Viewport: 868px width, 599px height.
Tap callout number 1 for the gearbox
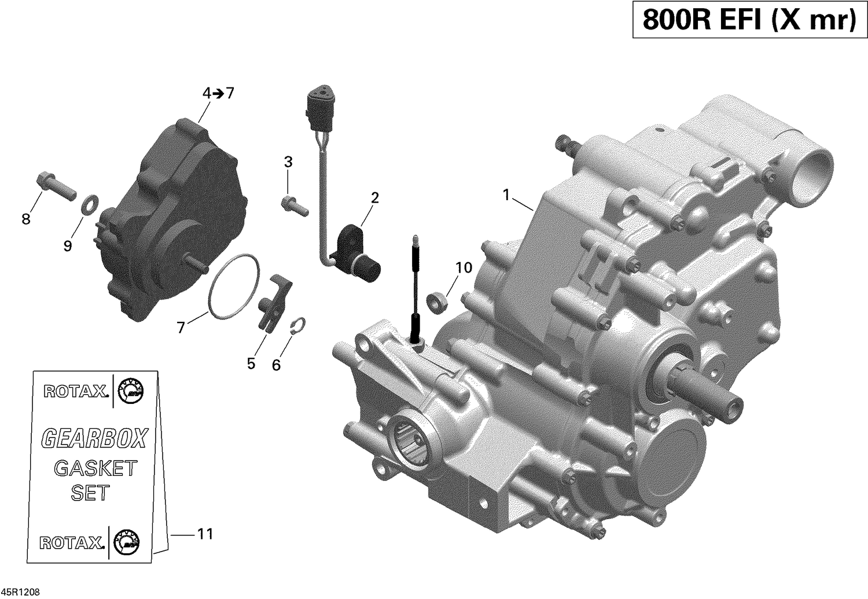[x=506, y=195]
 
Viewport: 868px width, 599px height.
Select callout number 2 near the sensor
[x=375, y=198]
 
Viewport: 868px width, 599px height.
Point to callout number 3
[x=288, y=163]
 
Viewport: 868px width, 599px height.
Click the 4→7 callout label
[x=218, y=93]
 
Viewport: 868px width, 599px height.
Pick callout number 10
[x=464, y=267]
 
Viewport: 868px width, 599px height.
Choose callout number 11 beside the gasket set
[x=205, y=534]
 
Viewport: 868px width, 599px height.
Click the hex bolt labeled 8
[x=55, y=183]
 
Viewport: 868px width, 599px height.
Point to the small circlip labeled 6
[x=298, y=326]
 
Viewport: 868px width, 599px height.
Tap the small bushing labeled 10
[x=437, y=302]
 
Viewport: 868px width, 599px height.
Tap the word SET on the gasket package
[x=90, y=493]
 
